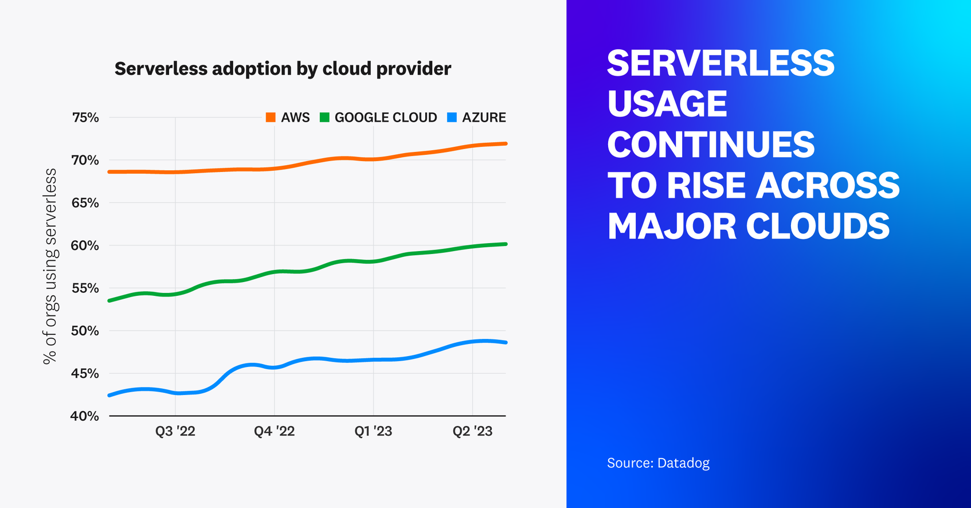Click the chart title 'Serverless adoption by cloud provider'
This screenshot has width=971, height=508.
click(283, 69)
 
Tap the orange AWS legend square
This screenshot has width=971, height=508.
click(271, 118)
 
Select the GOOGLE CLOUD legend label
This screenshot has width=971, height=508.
click(385, 118)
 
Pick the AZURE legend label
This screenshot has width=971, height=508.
click(484, 118)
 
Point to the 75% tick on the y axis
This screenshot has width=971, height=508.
click(85, 118)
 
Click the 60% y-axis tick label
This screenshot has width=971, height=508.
click(85, 245)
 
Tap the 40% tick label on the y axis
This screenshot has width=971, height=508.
click(85, 416)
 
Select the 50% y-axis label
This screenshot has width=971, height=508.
click(85, 331)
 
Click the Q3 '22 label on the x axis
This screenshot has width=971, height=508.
click(175, 431)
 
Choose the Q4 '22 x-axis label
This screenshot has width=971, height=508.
click(274, 431)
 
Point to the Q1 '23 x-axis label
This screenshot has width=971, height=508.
click(373, 431)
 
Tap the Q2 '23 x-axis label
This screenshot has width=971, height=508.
click(472, 431)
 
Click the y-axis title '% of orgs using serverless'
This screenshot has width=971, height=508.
click(50, 267)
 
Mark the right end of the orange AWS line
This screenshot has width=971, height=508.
click(505, 143)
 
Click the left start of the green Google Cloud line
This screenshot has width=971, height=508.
click(110, 300)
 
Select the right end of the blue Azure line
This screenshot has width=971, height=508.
click(505, 342)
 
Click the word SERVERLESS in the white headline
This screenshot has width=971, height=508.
click(721, 63)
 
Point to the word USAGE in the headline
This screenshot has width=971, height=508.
click(667, 104)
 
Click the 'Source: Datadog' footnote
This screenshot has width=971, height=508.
click(658, 463)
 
